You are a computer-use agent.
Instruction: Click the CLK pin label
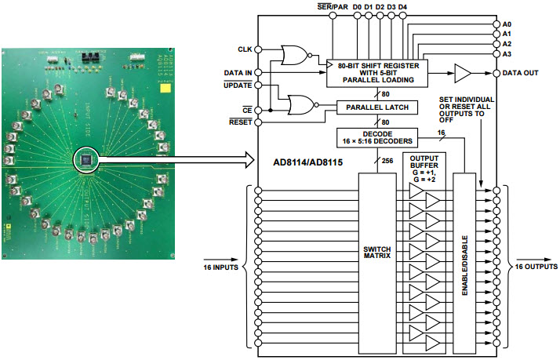click(x=244, y=49)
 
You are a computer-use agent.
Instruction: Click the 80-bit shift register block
click(x=376, y=72)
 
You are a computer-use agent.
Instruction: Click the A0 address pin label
click(x=507, y=24)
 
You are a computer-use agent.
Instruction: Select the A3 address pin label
click(x=507, y=53)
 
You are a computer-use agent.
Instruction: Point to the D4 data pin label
click(x=402, y=7)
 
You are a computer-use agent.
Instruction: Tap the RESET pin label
click(x=239, y=122)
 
